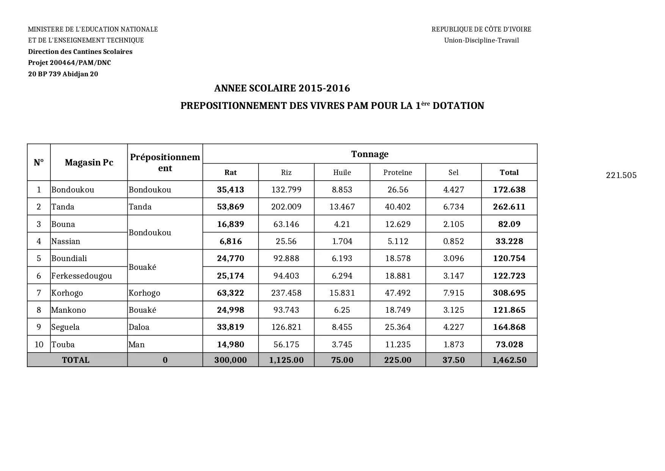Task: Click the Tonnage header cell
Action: click(x=370, y=154)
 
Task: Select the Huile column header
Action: click(x=342, y=172)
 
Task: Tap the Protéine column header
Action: click(x=397, y=172)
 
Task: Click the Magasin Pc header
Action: click(x=89, y=162)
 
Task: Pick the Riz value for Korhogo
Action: click(x=286, y=293)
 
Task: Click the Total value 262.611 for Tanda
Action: click(x=509, y=207)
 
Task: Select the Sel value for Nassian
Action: click(x=453, y=241)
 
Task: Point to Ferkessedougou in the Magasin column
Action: click(x=82, y=276)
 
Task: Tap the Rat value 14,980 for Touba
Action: click(x=231, y=345)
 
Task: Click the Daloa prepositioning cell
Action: click(x=139, y=327)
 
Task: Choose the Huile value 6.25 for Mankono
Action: click(x=342, y=310)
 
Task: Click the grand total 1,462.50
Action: click(x=509, y=360)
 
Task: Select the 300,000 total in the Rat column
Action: click(x=231, y=360)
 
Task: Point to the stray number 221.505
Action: click(x=621, y=175)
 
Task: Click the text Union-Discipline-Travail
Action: click(x=481, y=40)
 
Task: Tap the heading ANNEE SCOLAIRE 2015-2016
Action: click(x=282, y=88)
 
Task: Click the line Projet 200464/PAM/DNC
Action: click(x=69, y=63)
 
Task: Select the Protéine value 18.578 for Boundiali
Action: click(x=398, y=258)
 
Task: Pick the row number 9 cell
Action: click(x=39, y=327)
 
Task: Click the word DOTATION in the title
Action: click(x=458, y=106)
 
